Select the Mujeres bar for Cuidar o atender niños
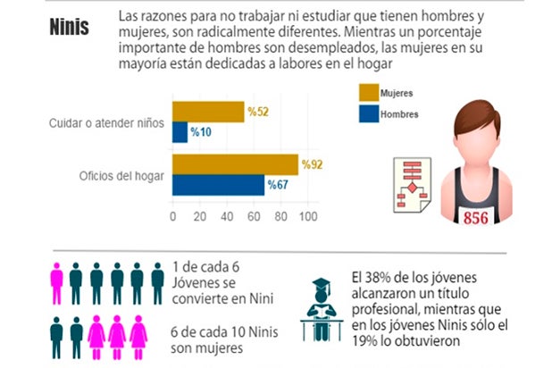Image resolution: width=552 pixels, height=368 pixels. pos(208,111)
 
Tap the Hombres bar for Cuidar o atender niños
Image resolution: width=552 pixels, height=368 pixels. pos(180,131)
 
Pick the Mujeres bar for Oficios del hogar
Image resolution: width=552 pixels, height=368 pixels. pos(235,164)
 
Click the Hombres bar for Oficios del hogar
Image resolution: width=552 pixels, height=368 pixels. pos(218,185)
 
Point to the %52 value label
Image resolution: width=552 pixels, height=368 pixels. pos(259,111)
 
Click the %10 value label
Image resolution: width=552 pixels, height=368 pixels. pos(203,132)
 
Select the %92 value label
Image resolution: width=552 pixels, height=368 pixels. pos(313,164)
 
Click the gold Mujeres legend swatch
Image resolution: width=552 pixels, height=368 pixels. pos(367,93)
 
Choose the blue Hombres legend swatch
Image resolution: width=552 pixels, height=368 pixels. pos(367,113)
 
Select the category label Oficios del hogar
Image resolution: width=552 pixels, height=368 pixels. pos(121,176)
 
